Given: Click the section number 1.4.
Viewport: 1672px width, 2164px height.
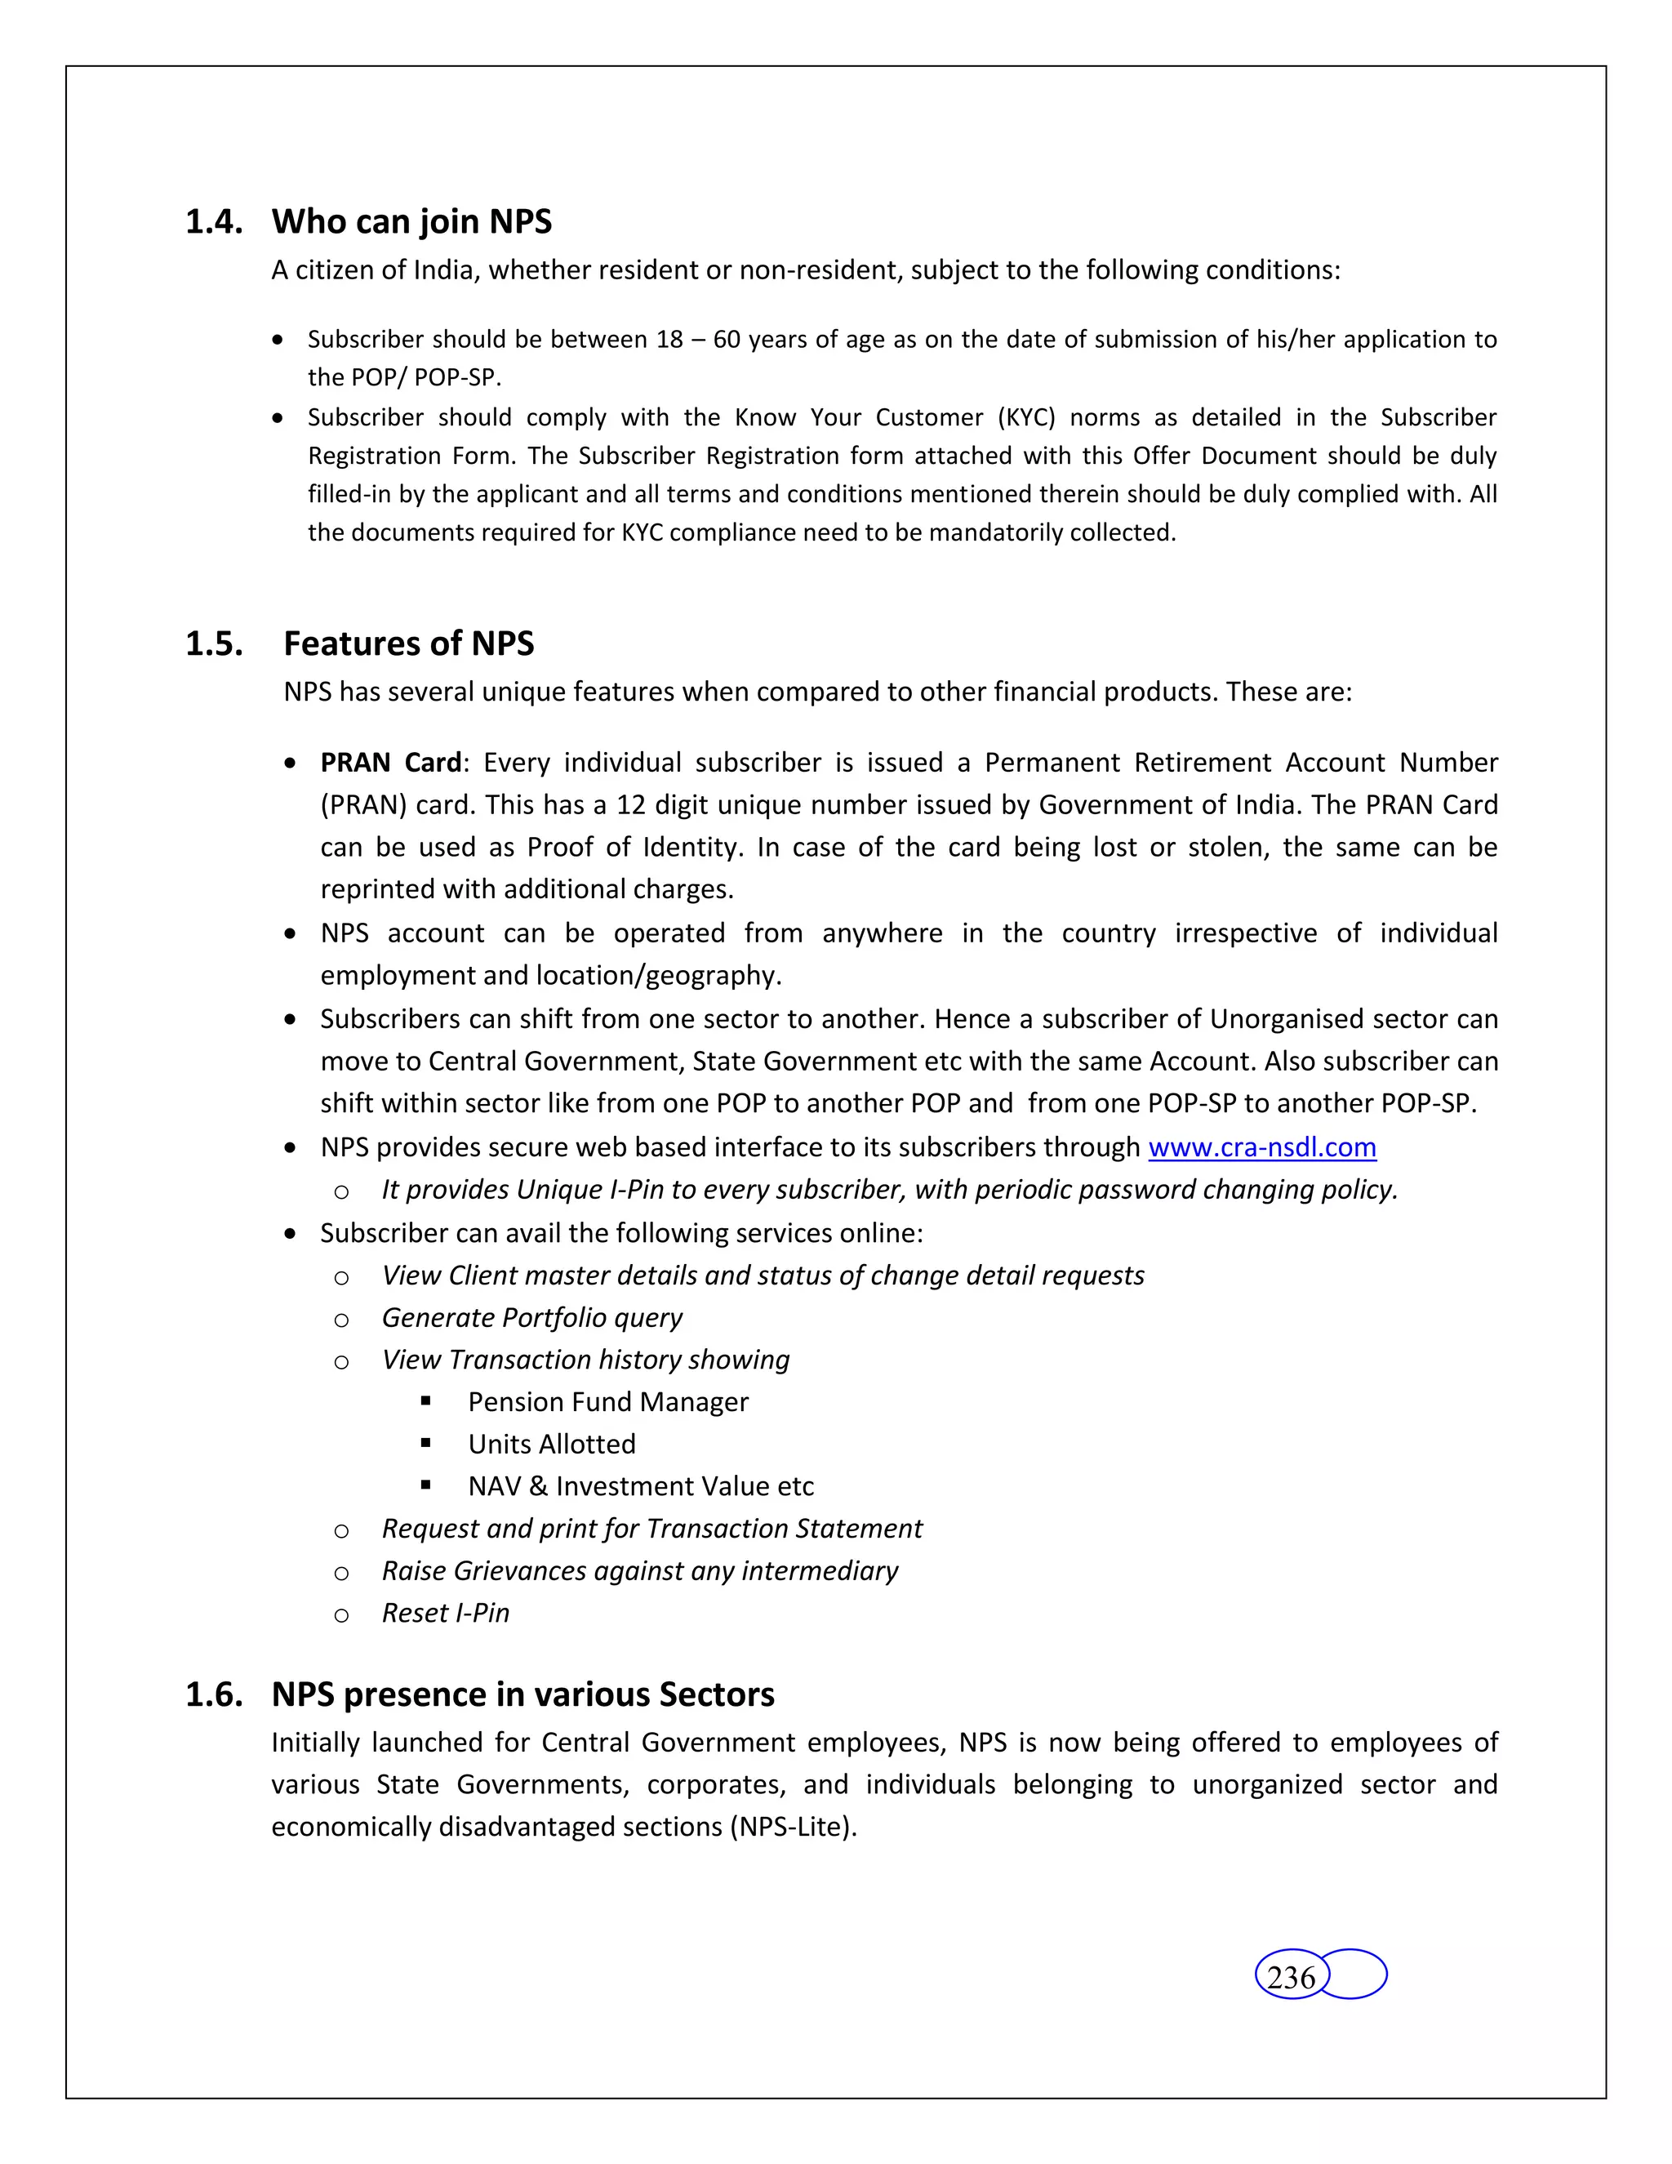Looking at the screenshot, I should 214,222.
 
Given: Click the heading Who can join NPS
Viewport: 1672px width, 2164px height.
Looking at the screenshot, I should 411,222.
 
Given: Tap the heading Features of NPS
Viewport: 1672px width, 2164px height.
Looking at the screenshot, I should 408,644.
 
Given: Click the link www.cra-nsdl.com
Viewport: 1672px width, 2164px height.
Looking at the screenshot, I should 1262,1147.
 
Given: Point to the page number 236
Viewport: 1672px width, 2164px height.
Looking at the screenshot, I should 1291,1978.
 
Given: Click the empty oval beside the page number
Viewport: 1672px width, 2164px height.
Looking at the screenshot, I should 1355,1974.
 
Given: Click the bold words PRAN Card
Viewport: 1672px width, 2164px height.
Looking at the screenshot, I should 390,763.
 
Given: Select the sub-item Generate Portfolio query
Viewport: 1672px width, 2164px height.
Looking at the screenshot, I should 532,1318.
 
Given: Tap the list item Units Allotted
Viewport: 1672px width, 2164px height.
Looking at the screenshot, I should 552,1445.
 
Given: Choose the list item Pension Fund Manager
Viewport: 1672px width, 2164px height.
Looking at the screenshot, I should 608,1402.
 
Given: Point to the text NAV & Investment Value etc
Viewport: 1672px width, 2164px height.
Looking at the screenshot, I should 641,1486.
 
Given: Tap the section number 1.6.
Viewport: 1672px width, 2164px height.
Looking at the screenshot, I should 214,1694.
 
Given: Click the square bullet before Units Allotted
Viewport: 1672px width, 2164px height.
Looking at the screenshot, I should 426,1444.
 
